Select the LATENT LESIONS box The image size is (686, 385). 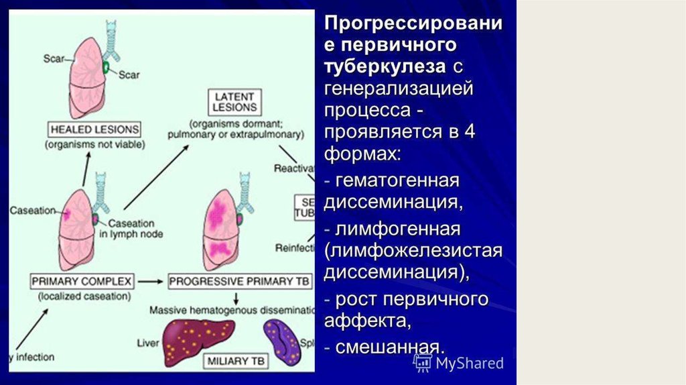234,102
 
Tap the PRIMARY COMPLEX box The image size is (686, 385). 82,281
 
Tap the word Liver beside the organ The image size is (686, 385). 147,343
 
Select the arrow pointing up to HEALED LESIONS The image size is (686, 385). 86,168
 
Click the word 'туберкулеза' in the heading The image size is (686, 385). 384,67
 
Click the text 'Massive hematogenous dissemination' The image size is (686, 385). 231,311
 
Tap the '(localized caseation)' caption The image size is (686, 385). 82,296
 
